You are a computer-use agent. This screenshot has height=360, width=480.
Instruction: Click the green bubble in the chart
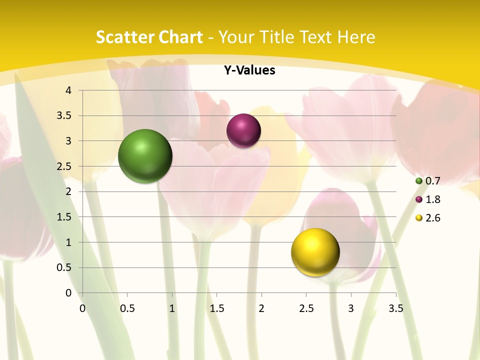[145, 156]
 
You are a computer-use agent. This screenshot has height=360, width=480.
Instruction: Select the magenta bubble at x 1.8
[243, 131]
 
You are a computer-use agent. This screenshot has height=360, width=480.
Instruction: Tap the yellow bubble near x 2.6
[315, 252]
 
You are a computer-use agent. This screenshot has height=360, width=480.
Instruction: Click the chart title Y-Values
[249, 70]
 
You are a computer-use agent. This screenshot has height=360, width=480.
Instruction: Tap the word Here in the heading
[355, 37]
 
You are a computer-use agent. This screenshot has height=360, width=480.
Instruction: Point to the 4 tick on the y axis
[69, 90]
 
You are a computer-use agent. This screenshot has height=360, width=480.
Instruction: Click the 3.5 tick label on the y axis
[65, 115]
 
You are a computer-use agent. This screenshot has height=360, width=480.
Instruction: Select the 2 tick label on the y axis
[69, 191]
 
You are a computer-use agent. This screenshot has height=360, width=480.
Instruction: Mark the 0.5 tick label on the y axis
[65, 267]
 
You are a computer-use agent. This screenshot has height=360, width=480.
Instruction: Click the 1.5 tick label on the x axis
[216, 308]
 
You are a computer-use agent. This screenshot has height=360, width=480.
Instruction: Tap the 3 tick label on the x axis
[351, 308]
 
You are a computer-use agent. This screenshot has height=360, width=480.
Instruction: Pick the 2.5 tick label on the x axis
[306, 308]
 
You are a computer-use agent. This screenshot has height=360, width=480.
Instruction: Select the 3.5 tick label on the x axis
[395, 308]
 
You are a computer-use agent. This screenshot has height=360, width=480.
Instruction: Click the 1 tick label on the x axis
[172, 308]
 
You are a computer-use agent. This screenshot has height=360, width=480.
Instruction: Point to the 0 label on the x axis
[82, 308]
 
